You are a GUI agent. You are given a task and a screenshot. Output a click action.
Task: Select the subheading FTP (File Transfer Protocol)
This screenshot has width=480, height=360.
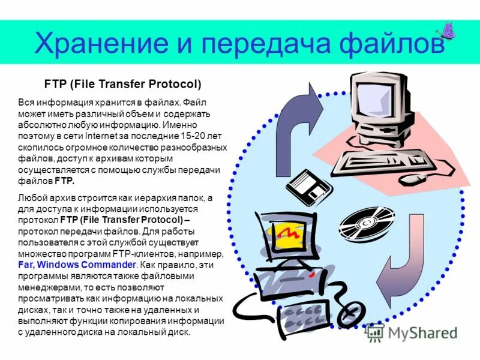[123, 84]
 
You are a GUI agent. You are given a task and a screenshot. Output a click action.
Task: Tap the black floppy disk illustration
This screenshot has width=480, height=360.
[308, 186]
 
